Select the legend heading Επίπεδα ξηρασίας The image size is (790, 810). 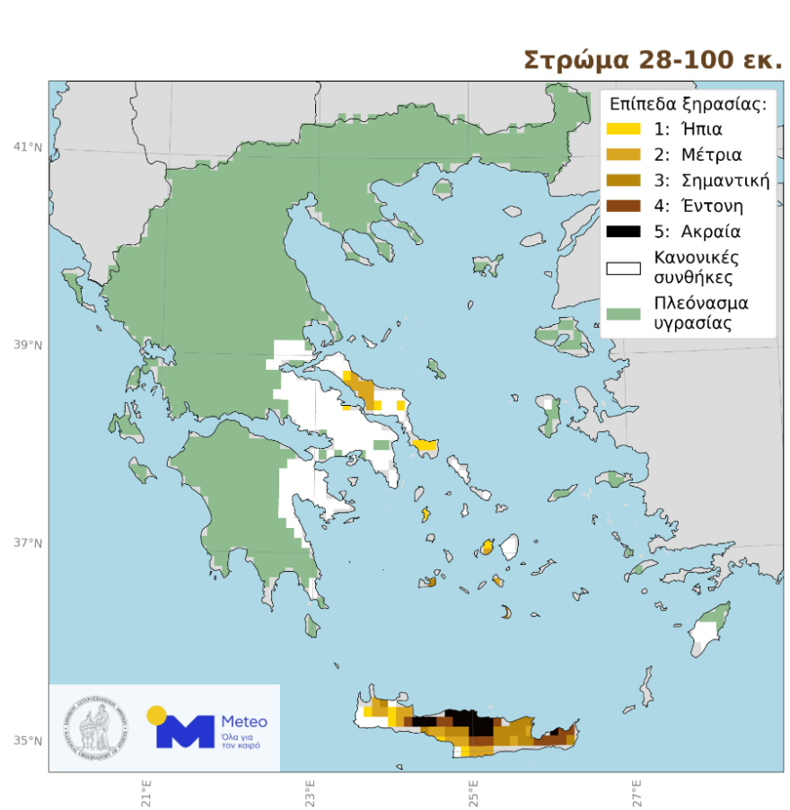click(x=687, y=103)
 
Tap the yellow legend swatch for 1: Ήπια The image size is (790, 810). click(x=623, y=128)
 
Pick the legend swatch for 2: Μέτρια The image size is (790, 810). click(x=623, y=154)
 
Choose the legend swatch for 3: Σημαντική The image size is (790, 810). click(x=623, y=180)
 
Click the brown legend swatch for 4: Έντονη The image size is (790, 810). click(x=623, y=207)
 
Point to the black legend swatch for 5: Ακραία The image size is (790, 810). click(x=623, y=232)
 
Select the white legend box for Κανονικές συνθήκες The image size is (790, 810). click(x=623, y=268)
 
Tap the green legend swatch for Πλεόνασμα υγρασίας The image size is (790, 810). click(x=623, y=313)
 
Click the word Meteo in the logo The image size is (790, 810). click(x=243, y=721)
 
